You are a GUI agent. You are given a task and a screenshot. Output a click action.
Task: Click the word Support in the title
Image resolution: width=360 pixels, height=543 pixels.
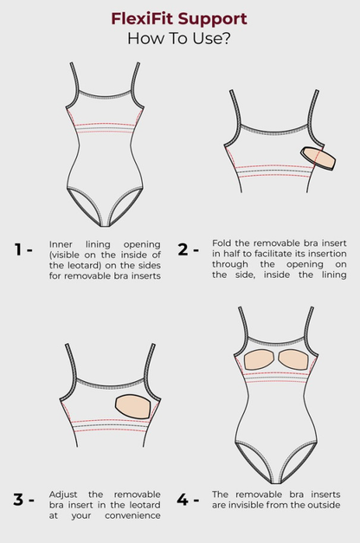[214, 19]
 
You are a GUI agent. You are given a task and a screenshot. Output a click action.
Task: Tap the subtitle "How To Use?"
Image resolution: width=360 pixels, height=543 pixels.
[178, 38]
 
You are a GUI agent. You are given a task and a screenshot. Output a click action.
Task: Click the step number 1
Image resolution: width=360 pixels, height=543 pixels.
[17, 249]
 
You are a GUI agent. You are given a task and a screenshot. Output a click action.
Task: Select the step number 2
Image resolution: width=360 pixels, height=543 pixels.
[183, 249]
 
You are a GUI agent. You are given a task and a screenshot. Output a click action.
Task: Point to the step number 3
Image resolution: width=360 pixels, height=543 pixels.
[18, 500]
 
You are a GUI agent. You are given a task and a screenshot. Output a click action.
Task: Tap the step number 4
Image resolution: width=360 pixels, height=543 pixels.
[183, 500]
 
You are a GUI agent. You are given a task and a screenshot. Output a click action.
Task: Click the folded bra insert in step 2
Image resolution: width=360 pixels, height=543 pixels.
[318, 158]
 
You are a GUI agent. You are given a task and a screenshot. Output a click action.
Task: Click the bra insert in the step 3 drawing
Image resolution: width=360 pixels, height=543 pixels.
[134, 405]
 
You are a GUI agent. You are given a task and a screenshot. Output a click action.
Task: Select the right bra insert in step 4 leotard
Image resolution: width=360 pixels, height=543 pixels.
[294, 359]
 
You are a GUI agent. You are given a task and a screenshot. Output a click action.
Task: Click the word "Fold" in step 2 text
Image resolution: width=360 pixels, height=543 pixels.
[222, 242]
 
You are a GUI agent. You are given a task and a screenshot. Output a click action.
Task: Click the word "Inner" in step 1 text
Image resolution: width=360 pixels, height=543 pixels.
[61, 244]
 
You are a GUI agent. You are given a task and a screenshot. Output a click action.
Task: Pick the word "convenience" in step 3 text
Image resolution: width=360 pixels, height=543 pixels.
[132, 515]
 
